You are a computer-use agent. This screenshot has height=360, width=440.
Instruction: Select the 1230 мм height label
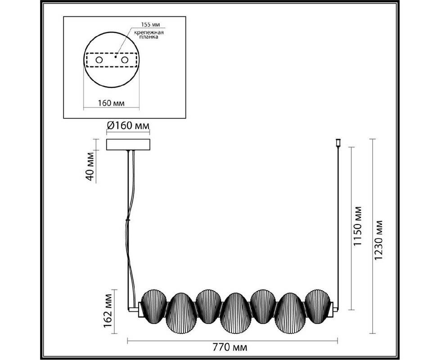[379, 240]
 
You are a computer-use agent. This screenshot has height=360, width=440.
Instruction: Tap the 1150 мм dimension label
[358, 226]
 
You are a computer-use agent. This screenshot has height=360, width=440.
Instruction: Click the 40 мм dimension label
[90, 166]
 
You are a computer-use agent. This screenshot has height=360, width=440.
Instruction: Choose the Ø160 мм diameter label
[128, 126]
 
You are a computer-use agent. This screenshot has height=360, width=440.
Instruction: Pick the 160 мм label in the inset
[111, 103]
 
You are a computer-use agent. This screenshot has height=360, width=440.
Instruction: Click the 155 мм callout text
[150, 24]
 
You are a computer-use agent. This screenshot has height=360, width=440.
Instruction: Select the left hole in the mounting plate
[99, 60]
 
